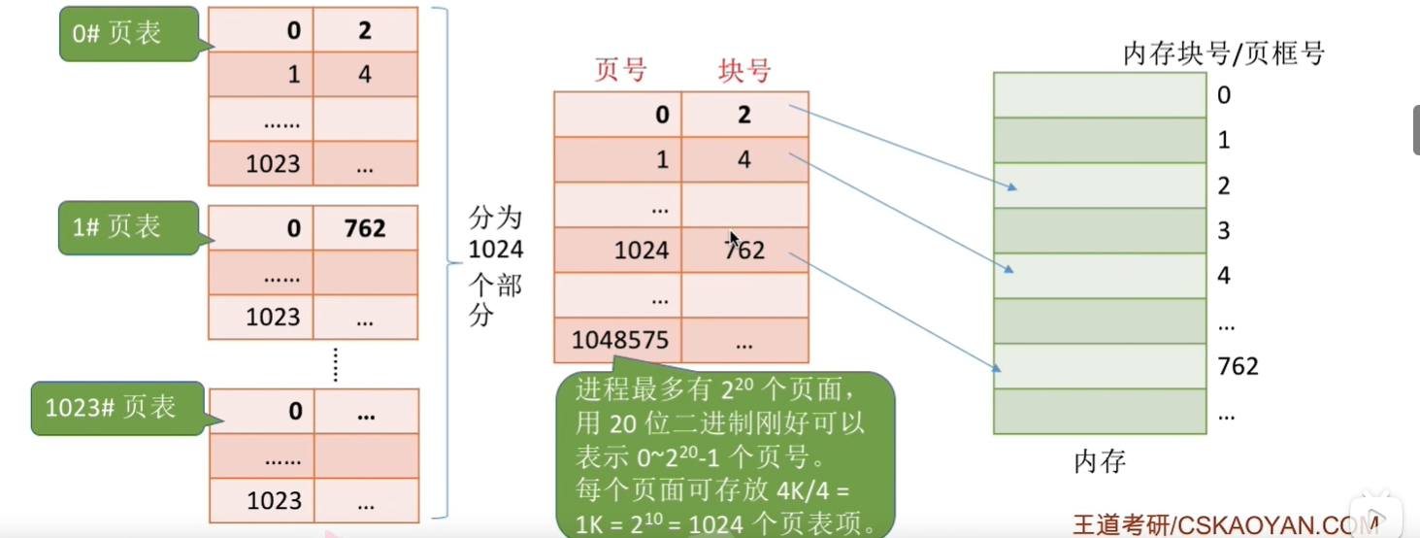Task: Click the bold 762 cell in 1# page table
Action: (365, 229)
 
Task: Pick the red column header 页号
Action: (620, 71)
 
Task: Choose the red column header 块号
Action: (744, 71)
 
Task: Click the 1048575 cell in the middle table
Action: (618, 340)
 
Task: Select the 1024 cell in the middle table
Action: (642, 251)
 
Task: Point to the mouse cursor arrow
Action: (735, 239)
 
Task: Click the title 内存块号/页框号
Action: (1223, 53)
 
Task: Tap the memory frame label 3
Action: (1224, 230)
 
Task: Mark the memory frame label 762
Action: (1238, 366)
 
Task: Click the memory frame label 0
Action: (1224, 95)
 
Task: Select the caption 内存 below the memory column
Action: (1100, 461)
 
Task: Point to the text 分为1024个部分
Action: (495, 265)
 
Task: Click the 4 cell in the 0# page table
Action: (365, 74)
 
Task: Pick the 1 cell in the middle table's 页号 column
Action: (663, 159)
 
